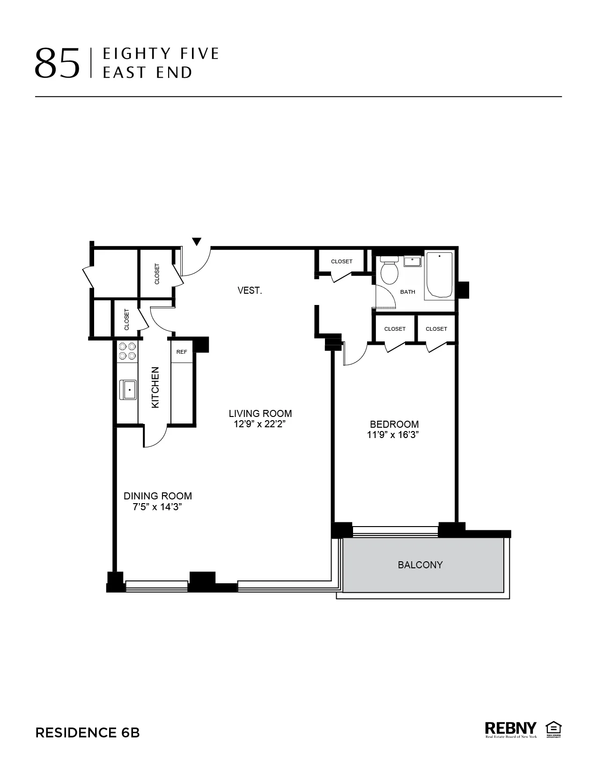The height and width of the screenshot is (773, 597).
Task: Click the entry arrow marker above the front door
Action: tap(197, 242)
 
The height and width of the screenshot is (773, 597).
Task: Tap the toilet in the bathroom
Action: tap(389, 271)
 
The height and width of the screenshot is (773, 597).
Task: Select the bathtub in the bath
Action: tap(439, 275)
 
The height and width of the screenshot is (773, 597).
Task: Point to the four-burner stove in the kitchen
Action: tap(127, 351)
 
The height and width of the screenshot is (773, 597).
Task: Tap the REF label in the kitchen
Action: tap(182, 352)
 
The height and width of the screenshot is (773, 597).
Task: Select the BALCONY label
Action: tap(420, 565)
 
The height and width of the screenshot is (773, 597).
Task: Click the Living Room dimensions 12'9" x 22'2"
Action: tap(260, 424)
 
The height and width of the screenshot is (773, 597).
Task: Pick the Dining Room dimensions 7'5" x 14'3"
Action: tap(157, 507)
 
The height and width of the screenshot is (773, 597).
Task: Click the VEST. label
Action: tap(250, 290)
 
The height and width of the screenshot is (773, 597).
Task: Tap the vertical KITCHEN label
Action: tap(155, 387)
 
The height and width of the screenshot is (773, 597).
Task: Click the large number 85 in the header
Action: tap(57, 64)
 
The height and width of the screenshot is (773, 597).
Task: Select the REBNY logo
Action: tap(510, 728)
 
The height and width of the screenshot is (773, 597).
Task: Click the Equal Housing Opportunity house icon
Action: tap(553, 728)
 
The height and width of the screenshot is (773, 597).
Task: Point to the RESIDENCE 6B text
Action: tap(88, 733)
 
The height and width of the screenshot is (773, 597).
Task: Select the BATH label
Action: tap(407, 292)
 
